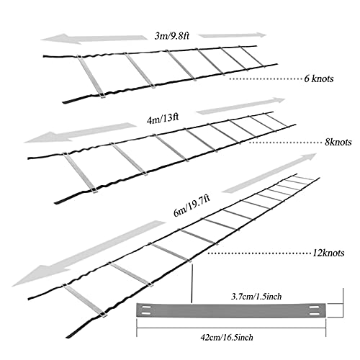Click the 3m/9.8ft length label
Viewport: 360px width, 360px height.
pos(172,36)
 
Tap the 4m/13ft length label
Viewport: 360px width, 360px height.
pos(163,118)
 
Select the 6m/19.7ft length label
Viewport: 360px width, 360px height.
pos(192,206)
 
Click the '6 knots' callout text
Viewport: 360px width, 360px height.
pos(319,78)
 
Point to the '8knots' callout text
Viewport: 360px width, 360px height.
pos(338,142)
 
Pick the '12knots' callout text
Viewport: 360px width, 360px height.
pos(328,253)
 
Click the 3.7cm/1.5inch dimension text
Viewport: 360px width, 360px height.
pos(256,297)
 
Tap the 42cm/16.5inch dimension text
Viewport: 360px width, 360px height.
pos(227,338)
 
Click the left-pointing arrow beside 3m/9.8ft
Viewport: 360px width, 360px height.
pos(94,39)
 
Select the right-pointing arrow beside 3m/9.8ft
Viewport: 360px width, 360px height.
pos(233,35)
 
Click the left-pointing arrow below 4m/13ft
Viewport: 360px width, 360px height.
pos(81,132)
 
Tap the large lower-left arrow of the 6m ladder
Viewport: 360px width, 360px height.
pos(89,253)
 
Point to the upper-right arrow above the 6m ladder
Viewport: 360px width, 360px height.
pos(269,173)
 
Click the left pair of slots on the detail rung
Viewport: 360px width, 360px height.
pos(145,310)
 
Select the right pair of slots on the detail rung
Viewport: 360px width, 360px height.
pos(314,310)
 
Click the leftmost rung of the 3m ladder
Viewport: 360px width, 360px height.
pos(91,76)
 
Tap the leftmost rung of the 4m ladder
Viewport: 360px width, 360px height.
pos(79,173)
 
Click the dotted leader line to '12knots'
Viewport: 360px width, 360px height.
pos(259,253)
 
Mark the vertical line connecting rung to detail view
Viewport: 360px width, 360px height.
pos(192,282)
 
